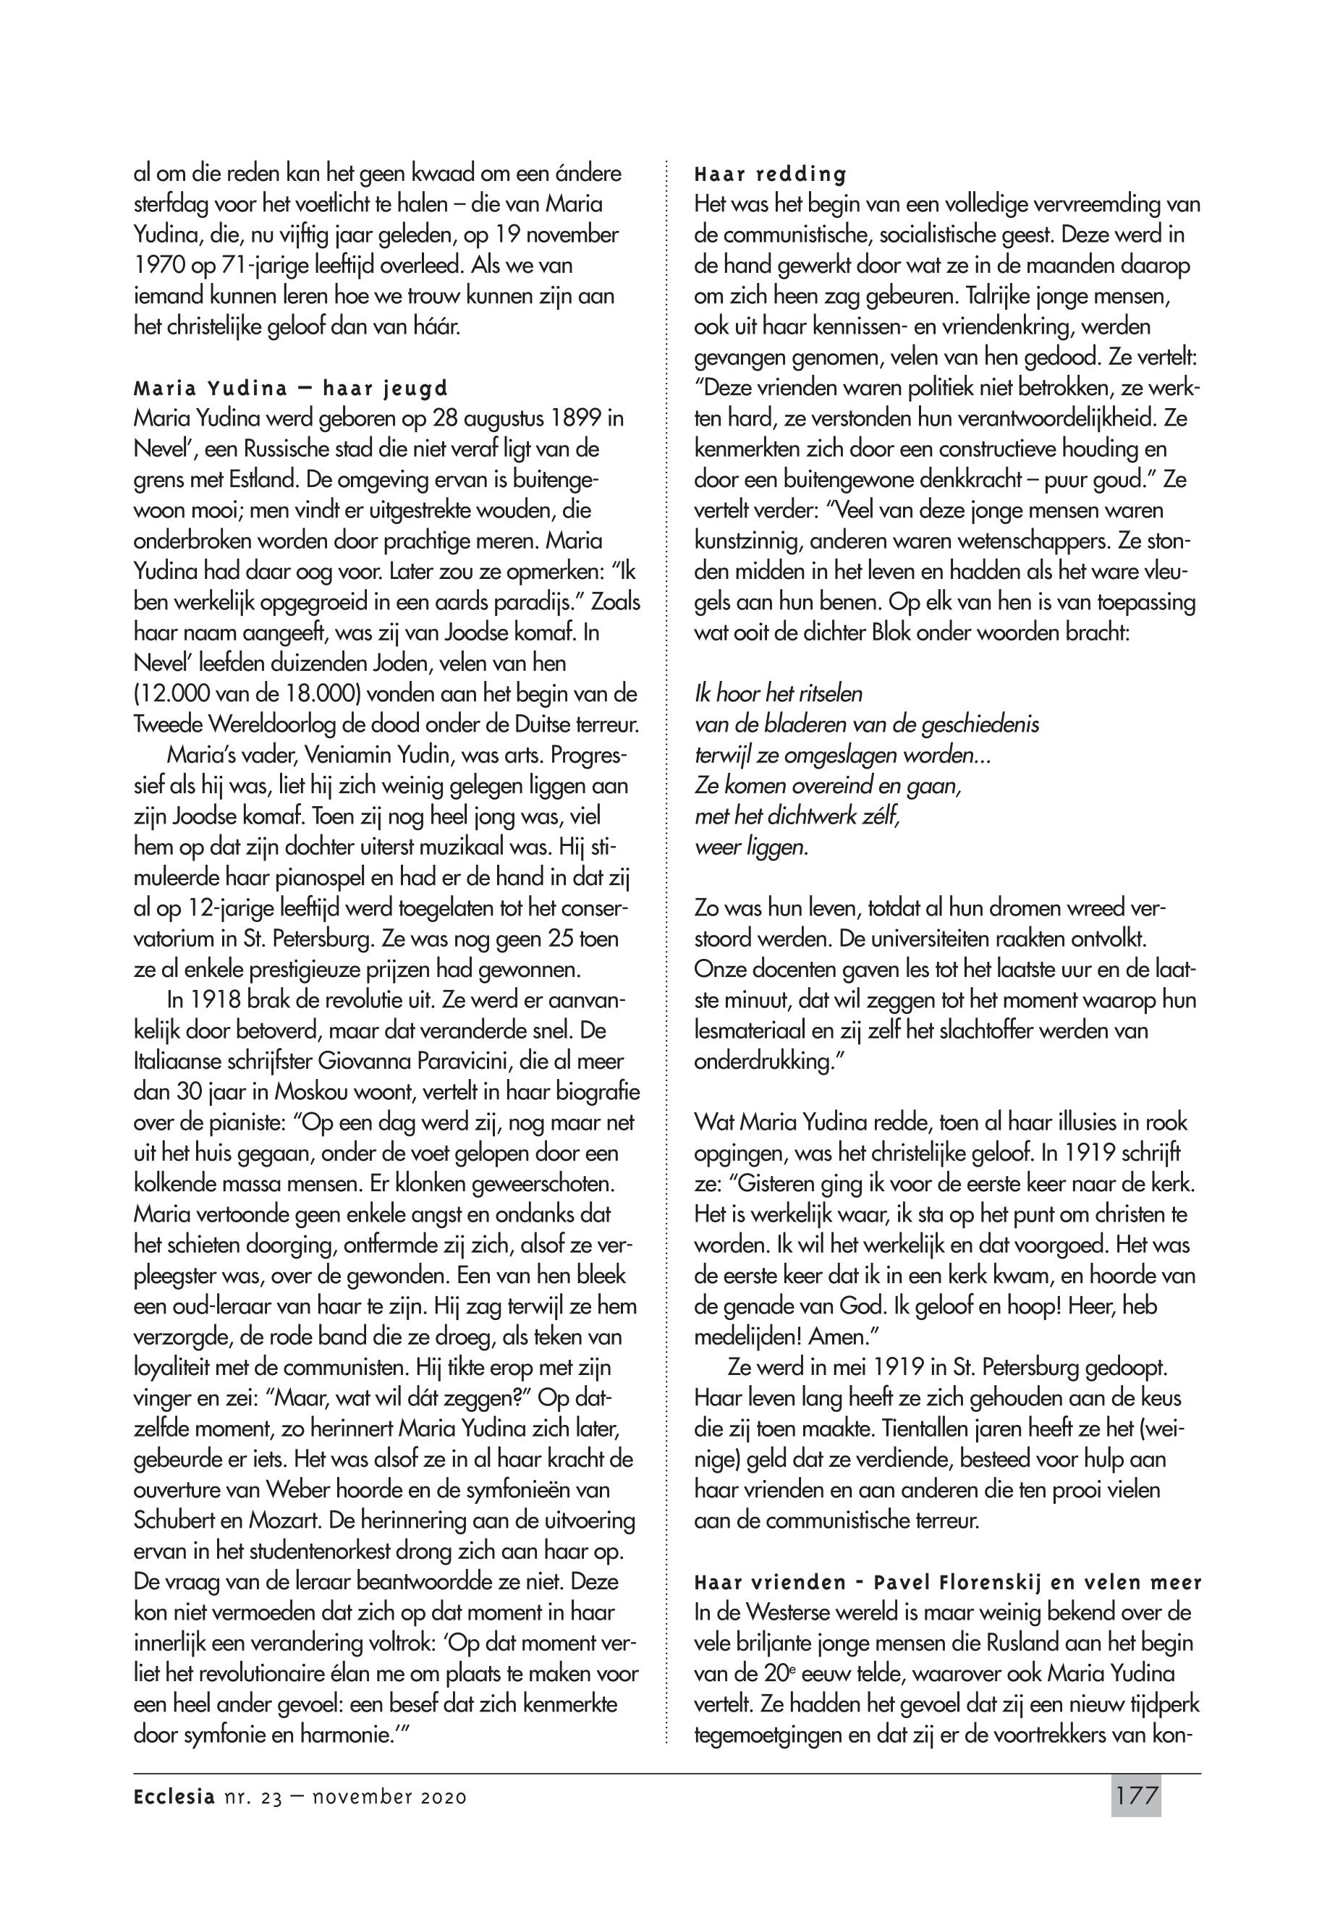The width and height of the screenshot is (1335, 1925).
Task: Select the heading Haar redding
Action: pyautogui.click(x=771, y=175)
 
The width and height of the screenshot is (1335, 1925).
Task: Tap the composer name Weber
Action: pyautogui.click(x=306, y=1491)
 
